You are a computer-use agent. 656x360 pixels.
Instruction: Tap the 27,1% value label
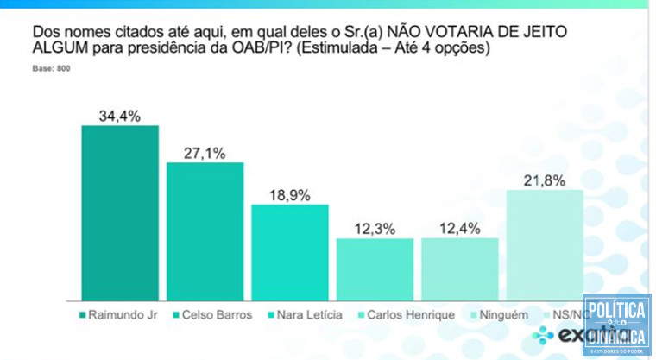[205, 153]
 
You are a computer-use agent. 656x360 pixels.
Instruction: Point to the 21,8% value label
[544, 179]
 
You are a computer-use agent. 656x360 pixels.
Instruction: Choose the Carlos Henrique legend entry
[412, 314]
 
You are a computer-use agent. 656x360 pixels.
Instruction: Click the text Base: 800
[51, 67]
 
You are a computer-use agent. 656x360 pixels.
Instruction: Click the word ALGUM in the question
[57, 48]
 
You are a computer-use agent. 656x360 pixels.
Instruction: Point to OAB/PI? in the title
[243, 48]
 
